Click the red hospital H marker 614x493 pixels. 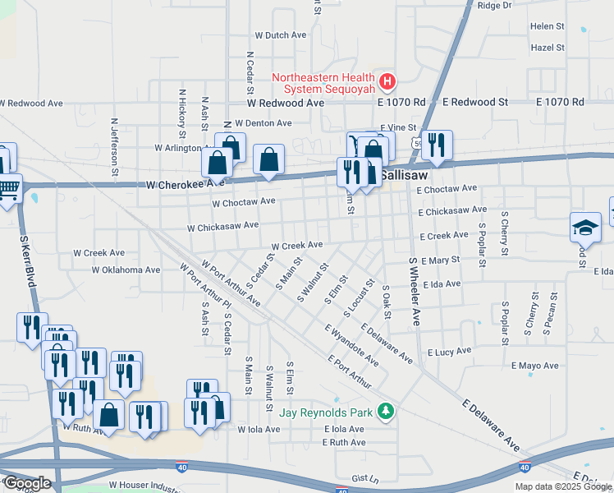(x=387, y=81)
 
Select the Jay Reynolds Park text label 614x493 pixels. (x=327, y=412)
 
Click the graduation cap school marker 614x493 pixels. (x=585, y=227)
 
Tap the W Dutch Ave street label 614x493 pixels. (x=280, y=35)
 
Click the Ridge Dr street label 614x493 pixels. (x=494, y=5)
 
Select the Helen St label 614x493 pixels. (x=548, y=26)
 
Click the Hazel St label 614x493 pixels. (x=548, y=48)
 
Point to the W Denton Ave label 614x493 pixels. (x=263, y=123)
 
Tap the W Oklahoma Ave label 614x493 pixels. (x=126, y=270)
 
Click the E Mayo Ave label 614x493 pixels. (x=534, y=366)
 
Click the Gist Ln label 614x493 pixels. (x=364, y=477)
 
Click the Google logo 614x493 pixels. (x=27, y=482)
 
